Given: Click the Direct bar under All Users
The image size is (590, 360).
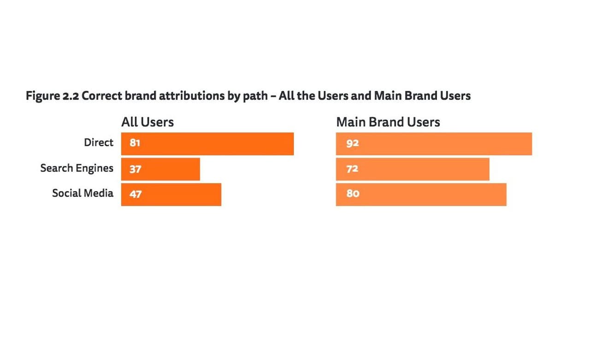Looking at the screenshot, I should point(207,144).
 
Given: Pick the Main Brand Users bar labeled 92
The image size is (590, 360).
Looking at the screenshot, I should point(434,144).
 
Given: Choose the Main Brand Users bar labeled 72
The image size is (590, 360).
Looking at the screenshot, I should point(413,169).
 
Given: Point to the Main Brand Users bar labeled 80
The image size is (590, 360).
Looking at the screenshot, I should point(421,195).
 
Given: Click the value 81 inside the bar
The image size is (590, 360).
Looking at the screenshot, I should point(135,143).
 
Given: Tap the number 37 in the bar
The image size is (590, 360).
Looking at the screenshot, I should point(135,169).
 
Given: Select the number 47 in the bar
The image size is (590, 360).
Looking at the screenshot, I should point(136,194).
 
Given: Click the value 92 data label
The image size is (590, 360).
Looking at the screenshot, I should point(353,143).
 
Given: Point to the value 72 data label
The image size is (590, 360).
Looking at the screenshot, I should point(352,169).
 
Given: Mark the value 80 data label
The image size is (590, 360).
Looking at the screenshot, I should point(353,194).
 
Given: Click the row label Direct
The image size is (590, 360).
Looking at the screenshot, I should point(98,142).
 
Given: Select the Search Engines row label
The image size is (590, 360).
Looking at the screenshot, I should point(77,168).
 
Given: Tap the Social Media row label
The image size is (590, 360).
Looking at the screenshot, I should point(83,193).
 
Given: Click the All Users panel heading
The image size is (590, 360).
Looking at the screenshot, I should point(147,122).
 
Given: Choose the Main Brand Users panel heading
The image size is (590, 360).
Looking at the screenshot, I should point(388,122).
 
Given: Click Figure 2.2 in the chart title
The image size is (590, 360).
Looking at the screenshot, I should point(52,96).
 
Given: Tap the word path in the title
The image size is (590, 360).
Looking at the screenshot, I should point(255,96).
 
